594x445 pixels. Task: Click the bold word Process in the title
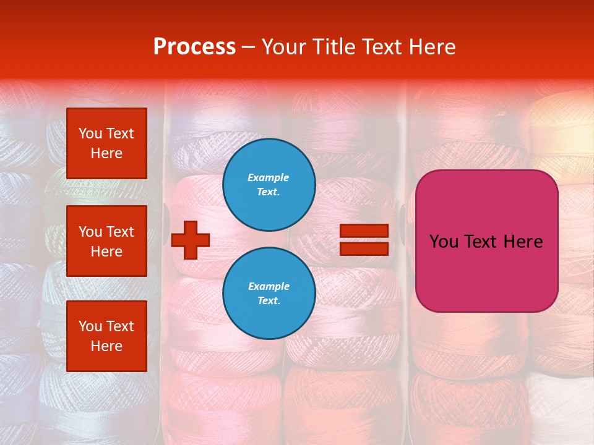point(194,47)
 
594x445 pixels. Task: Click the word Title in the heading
point(333,47)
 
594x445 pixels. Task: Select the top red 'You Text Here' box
point(106,143)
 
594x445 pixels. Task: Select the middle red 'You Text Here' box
point(106,241)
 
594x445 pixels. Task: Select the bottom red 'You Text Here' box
point(106,336)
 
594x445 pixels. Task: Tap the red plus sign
point(191,240)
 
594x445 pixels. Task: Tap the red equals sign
point(364,240)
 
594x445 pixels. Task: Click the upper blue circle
point(269,185)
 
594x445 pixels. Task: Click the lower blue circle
point(269,294)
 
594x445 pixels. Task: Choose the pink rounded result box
point(486,241)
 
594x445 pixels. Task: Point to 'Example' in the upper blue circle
point(269,177)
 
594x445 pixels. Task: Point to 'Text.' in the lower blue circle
point(269,301)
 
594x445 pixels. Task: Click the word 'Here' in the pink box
point(523,242)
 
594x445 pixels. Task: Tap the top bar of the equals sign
point(364,231)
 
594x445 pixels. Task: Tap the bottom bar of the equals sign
point(364,248)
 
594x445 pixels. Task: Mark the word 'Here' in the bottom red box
point(106,346)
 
